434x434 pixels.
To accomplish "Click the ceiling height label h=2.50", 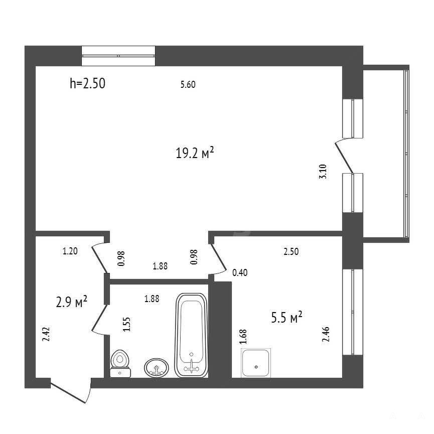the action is click(x=87, y=83).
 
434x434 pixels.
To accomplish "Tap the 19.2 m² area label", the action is click(x=195, y=153).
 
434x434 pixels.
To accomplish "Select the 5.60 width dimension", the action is click(x=188, y=84).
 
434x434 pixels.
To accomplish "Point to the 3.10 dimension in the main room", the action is click(x=323, y=172).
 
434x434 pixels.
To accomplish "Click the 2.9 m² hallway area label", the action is click(x=72, y=302).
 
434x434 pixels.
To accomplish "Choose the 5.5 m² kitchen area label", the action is click(x=286, y=317).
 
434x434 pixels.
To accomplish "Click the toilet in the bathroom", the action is click(x=120, y=363).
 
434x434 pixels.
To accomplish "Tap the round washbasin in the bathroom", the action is click(x=157, y=367).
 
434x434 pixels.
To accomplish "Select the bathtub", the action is click(x=192, y=335).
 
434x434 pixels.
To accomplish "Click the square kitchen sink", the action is click(x=256, y=363).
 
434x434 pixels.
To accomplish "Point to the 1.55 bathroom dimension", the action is click(x=126, y=325).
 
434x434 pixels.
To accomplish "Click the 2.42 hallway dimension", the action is click(x=46, y=334).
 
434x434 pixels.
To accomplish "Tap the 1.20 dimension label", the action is click(x=70, y=251).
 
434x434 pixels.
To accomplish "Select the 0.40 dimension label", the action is click(x=240, y=272).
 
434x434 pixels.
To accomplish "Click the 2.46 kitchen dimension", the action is click(x=326, y=334).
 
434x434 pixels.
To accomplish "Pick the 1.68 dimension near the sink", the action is click(x=243, y=337).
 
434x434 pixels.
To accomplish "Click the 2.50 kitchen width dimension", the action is click(x=291, y=251).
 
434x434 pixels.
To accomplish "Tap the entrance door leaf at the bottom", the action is click(x=68, y=392).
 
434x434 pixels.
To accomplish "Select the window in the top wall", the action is click(x=118, y=56).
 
